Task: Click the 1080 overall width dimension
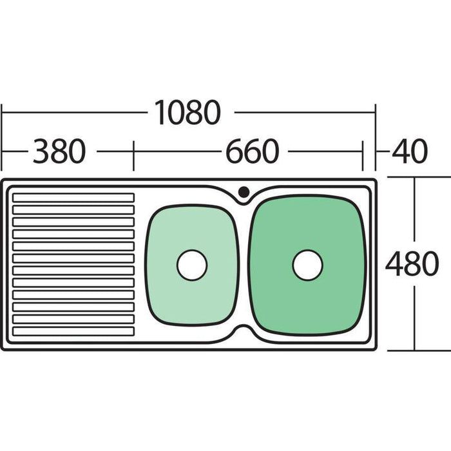[x=187, y=113]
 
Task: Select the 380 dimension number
[x=59, y=151]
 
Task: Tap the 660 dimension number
[x=253, y=151]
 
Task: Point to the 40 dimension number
[x=410, y=151]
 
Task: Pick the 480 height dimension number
[x=412, y=264]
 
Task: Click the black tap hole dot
[x=244, y=191]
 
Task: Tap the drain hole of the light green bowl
[x=192, y=265]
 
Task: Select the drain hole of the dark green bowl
[x=307, y=265]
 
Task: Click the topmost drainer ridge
[x=73, y=198]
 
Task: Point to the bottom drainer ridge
[x=73, y=331]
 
